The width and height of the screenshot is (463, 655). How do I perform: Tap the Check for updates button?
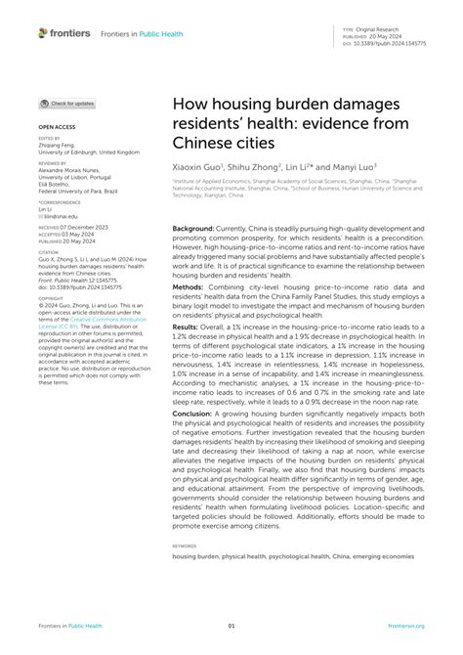tap(67, 103)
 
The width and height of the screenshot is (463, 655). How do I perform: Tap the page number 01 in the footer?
tap(231, 626)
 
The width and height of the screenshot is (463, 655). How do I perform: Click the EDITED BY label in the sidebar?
tap(50, 139)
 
